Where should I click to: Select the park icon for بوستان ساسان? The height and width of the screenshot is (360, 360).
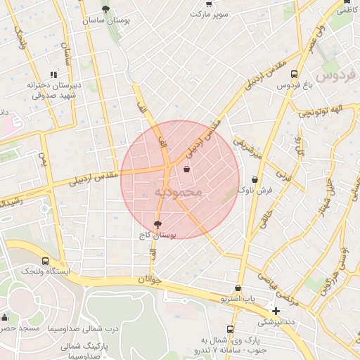pos(105,9)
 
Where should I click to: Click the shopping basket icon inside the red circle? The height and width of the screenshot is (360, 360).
pos(186,169)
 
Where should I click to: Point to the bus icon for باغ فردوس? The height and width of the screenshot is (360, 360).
pos(293,73)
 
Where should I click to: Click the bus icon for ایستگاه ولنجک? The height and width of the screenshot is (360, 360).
pos(46,260)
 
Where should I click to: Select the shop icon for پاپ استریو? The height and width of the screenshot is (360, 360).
pos(239,288)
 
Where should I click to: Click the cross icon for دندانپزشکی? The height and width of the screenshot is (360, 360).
pos(276,311)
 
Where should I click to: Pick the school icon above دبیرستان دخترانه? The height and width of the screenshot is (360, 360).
pos(53,74)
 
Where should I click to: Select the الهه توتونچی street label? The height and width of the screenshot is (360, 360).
pos(319,110)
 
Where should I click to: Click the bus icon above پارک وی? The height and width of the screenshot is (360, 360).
pos(231,329)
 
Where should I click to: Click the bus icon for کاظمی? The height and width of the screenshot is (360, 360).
pos(346,2)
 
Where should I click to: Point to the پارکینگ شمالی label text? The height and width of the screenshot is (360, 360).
pos(77,346)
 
